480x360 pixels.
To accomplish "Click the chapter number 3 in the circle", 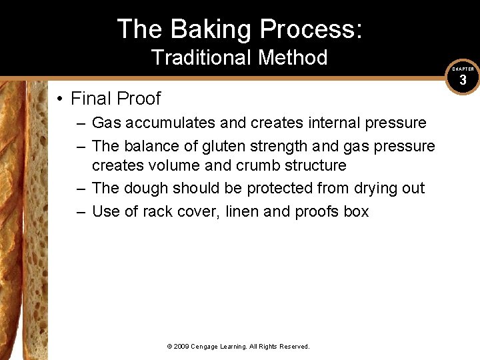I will coord(463,81).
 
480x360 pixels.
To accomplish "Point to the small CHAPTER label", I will coord(463,69).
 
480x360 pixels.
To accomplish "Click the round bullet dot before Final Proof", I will coord(60,99).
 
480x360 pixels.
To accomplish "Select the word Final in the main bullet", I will coord(92,99).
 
